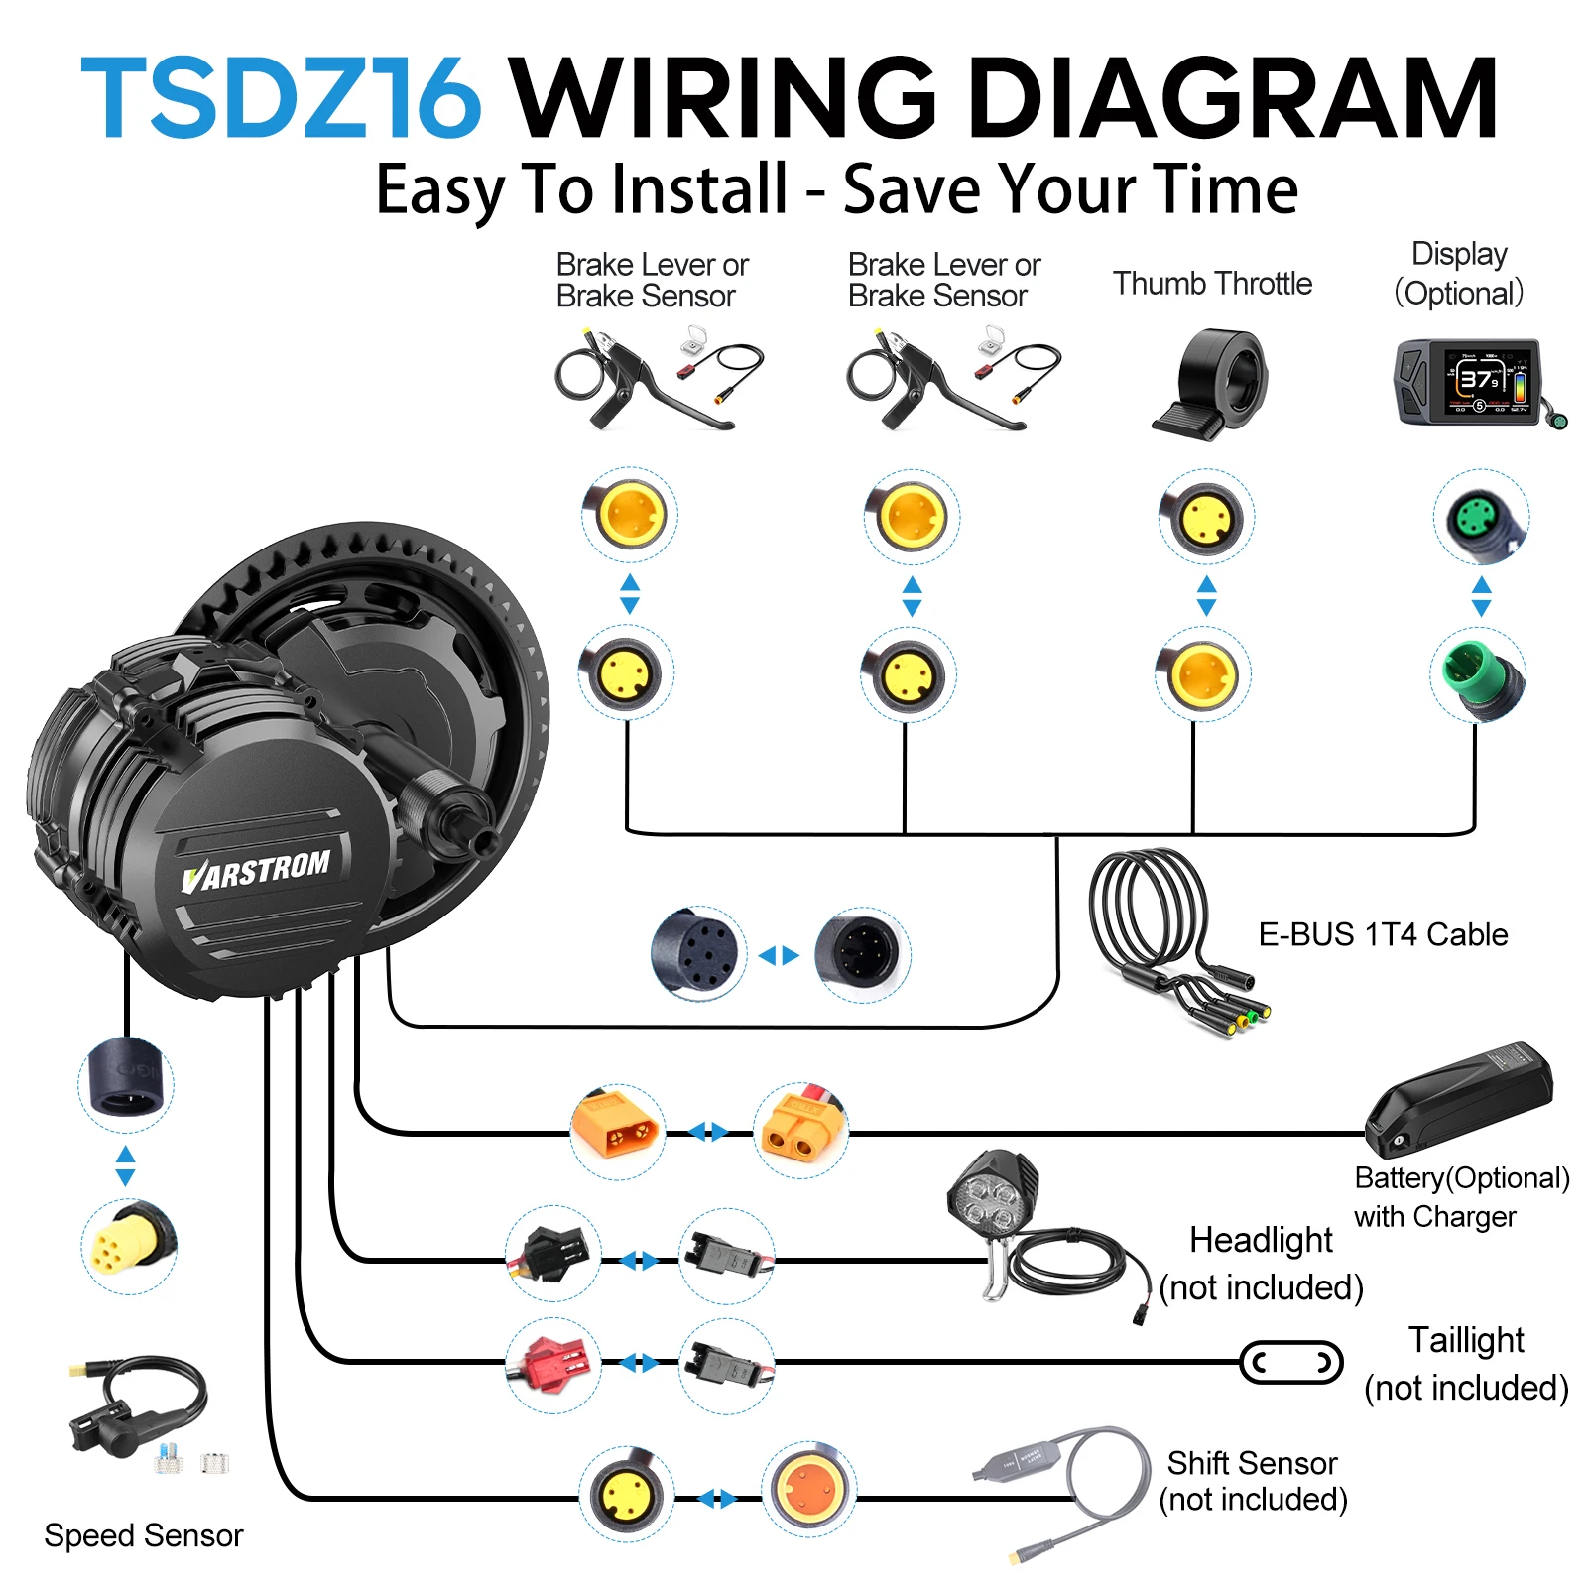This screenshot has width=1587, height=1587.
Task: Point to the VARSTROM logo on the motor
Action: (x=256, y=871)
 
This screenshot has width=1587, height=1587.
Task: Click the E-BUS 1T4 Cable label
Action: (x=1383, y=934)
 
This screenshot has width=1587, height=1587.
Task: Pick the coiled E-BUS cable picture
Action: (x=1170, y=937)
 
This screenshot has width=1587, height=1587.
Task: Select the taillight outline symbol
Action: (x=1291, y=1362)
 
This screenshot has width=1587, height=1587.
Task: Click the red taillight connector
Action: (x=551, y=1363)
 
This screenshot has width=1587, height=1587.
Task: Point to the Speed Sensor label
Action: (x=144, y=1535)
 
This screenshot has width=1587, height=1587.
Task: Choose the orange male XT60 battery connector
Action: (x=617, y=1132)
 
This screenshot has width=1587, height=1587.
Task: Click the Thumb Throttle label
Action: (x=1212, y=284)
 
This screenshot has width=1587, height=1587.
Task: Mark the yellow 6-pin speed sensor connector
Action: (x=127, y=1245)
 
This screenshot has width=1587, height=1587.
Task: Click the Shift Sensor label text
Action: (x=1252, y=1463)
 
